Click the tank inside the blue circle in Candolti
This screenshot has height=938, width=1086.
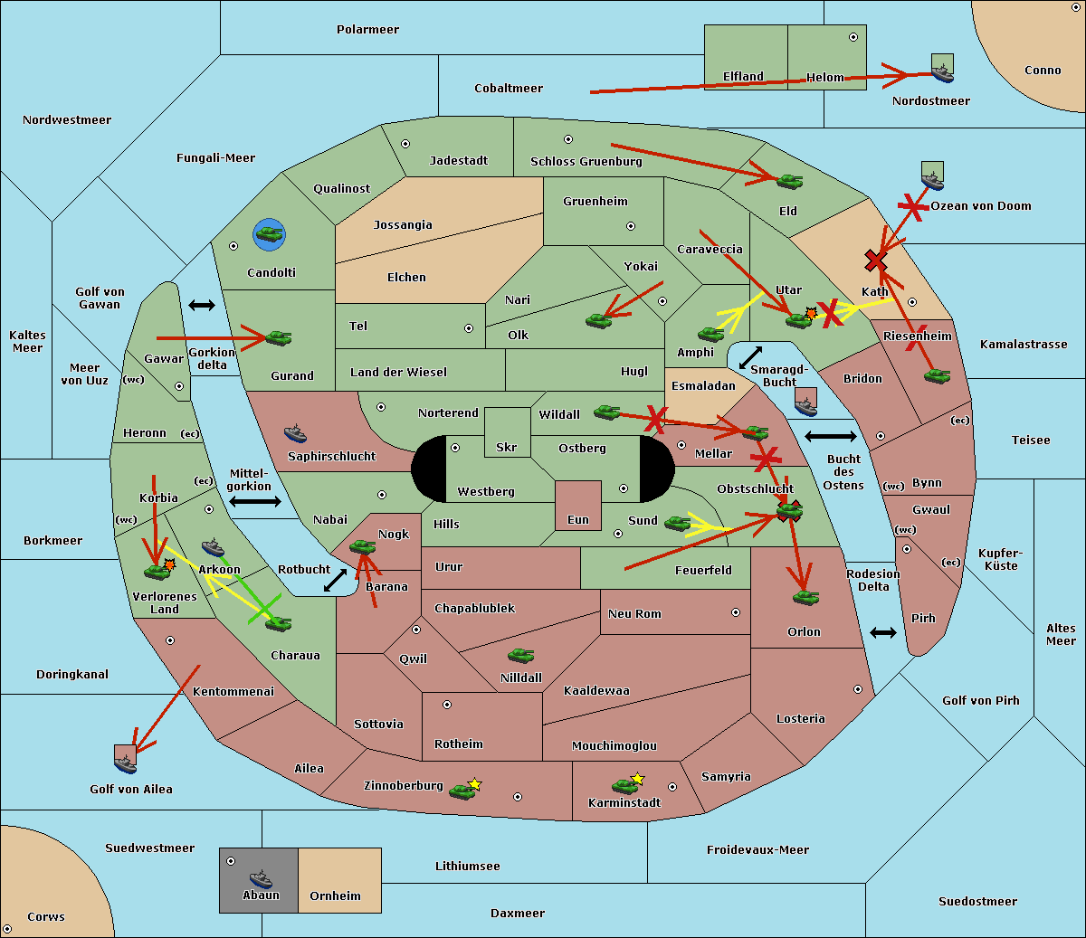pyautogui.click(x=269, y=234)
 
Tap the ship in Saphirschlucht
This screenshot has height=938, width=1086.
pyautogui.click(x=295, y=433)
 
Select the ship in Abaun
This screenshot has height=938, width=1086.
pyautogui.click(x=261, y=878)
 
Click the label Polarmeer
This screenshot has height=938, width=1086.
pyautogui.click(x=367, y=30)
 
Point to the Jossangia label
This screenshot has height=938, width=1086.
pyautogui.click(x=403, y=225)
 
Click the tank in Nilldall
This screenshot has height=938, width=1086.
pyautogui.click(x=520, y=656)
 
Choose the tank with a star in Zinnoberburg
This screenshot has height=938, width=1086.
pyautogui.click(x=462, y=791)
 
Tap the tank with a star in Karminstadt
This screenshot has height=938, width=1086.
pyautogui.click(x=624, y=785)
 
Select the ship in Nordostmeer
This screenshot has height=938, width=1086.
pyautogui.click(x=942, y=72)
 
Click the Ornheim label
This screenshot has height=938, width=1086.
pyautogui.click(x=335, y=896)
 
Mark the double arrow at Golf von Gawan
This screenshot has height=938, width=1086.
pyautogui.click(x=201, y=305)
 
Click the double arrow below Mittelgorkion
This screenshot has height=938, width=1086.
pyautogui.click(x=255, y=502)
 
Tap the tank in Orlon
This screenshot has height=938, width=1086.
pyautogui.click(x=805, y=598)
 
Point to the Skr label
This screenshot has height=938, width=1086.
pyautogui.click(x=506, y=448)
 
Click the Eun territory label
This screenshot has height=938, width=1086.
pyautogui.click(x=577, y=520)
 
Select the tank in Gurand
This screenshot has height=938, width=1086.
pyautogui.click(x=278, y=338)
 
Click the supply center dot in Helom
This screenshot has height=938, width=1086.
pyautogui.click(x=853, y=37)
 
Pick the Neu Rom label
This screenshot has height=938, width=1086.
pyautogui.click(x=634, y=614)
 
